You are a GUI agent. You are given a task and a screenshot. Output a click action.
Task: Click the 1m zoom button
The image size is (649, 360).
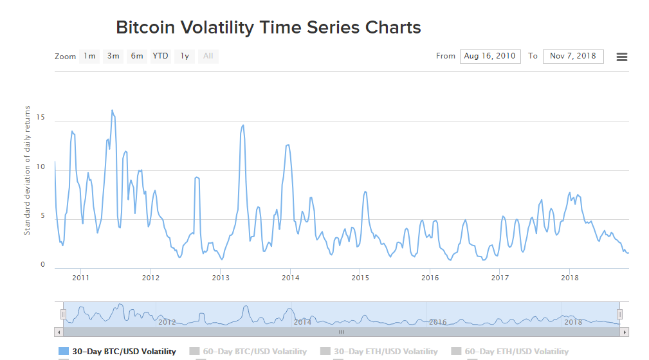(89, 56)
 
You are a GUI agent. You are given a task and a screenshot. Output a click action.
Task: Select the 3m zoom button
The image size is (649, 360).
(113, 56)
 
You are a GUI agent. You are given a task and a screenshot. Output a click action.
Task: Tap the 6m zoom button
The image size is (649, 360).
(137, 56)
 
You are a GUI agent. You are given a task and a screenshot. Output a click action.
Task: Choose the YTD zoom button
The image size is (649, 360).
(160, 56)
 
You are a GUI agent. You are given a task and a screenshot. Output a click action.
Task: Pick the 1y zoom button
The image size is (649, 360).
(185, 56)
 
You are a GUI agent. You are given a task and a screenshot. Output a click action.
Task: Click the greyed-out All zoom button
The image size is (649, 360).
(208, 56)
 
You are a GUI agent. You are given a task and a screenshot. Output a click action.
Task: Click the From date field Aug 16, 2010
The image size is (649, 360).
(490, 56)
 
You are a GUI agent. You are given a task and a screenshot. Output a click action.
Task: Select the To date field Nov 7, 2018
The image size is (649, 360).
(573, 56)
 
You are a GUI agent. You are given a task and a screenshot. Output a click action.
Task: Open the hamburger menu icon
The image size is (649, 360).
(622, 57)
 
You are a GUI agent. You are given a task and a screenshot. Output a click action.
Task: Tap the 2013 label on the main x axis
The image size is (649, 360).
(221, 278)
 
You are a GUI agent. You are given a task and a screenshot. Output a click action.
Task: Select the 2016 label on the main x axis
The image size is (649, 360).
(430, 278)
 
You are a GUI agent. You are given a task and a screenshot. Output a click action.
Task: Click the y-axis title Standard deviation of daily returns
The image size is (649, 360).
(27, 170)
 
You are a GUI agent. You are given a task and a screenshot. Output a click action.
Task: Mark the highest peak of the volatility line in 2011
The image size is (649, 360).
(112, 110)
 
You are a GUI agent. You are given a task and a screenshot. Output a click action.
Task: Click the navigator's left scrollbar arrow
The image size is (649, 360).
(59, 332)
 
